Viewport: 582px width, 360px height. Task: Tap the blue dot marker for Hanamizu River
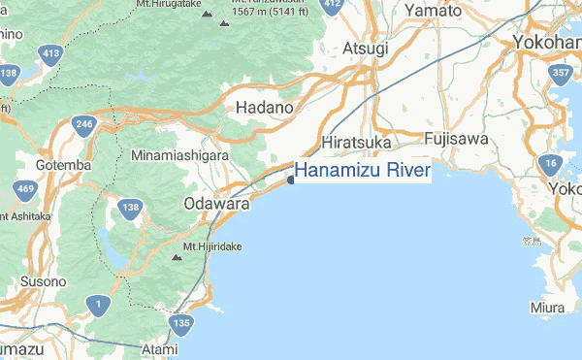tap(291, 179)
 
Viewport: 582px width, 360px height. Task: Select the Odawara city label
tap(216, 205)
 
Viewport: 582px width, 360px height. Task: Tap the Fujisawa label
tap(455, 139)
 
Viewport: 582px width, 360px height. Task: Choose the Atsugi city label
tap(365, 48)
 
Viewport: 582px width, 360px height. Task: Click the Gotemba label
tap(63, 165)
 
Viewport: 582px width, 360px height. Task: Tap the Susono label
tap(44, 280)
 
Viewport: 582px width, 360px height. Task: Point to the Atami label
tap(159, 347)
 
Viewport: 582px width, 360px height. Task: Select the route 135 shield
tap(180, 323)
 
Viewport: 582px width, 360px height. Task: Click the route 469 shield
tap(26, 187)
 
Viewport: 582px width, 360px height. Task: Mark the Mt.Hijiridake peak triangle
tap(176, 257)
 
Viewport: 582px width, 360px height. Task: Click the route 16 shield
tap(551, 163)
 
